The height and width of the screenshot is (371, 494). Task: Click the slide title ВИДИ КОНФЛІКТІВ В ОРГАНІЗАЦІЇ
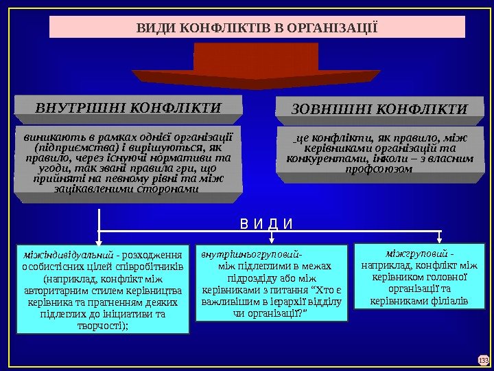click(257, 27)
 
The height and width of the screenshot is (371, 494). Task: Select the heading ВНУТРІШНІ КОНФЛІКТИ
click(128, 108)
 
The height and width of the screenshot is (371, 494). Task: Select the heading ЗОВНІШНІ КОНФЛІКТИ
click(379, 109)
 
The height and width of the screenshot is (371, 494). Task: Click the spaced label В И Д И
click(266, 224)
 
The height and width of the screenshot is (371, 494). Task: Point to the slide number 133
click(482, 359)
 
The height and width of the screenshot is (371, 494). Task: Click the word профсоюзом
click(379, 169)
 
